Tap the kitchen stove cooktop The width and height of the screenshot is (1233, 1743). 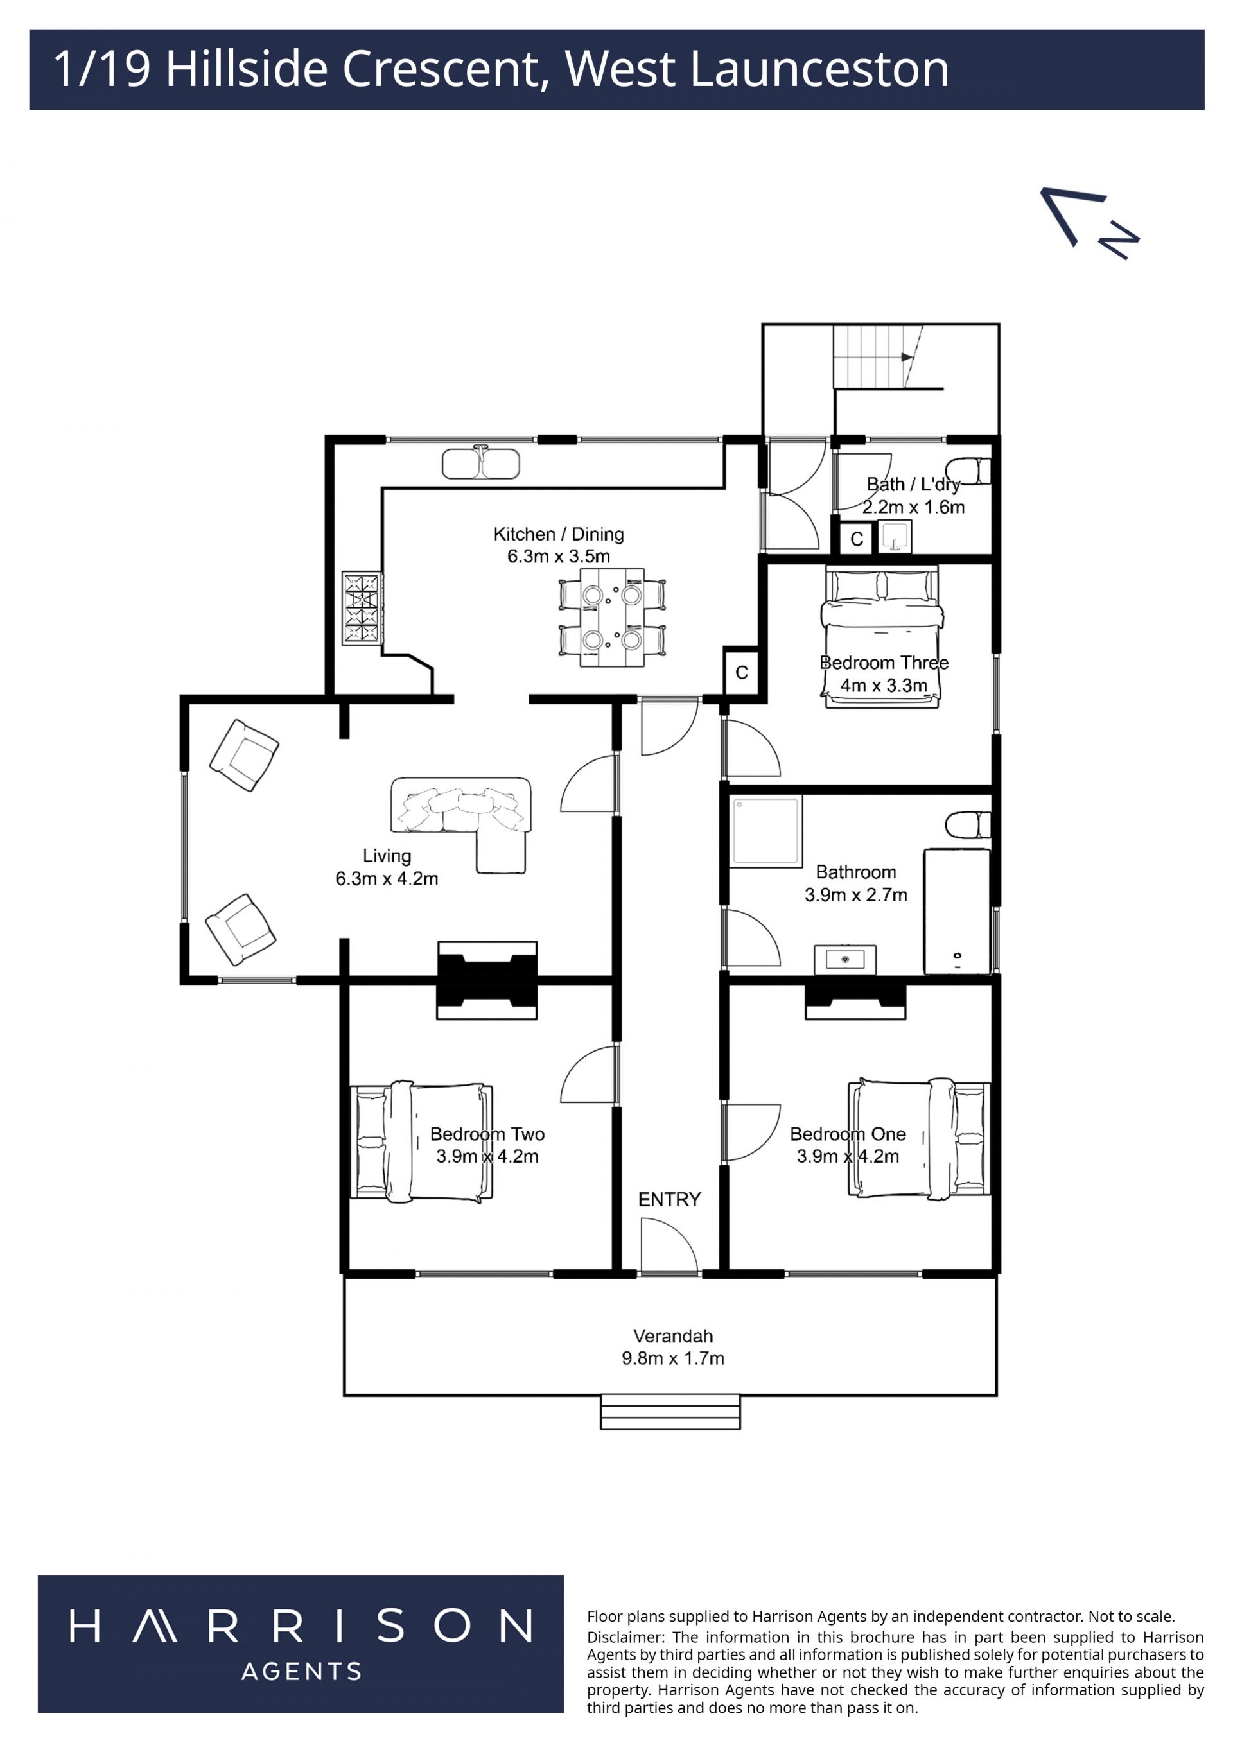pyautogui.click(x=362, y=608)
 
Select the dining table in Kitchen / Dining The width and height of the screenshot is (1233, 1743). pyautogui.click(x=612, y=617)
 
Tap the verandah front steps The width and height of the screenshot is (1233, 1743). pyautogui.click(x=670, y=1411)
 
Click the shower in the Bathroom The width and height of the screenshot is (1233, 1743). pyautogui.click(x=766, y=831)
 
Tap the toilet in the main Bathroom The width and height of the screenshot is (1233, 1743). pyautogui.click(x=968, y=825)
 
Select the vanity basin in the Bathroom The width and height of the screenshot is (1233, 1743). pyautogui.click(x=845, y=960)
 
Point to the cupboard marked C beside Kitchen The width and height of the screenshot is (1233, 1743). pyautogui.click(x=741, y=672)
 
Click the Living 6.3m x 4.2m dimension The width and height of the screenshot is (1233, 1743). pyautogui.click(x=387, y=878)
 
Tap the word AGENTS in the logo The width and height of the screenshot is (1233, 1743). pyautogui.click(x=301, y=1671)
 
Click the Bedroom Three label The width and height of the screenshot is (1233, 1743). pyautogui.click(x=884, y=663)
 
